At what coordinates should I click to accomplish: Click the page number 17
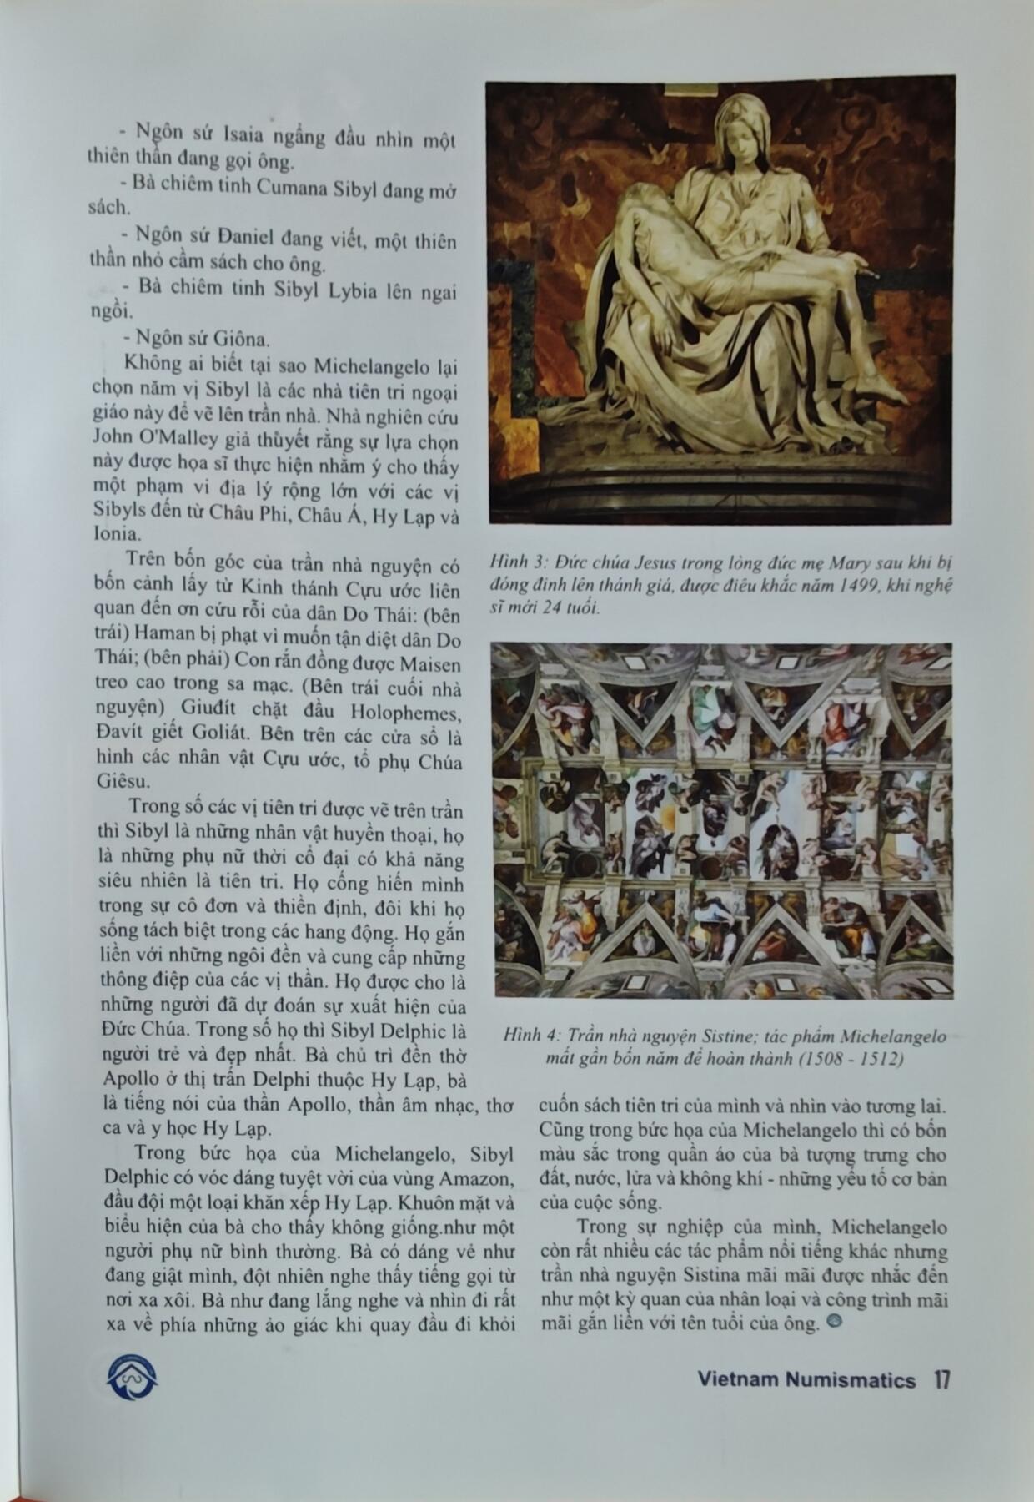[941, 1379]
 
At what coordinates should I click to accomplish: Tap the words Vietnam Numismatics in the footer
[806, 1380]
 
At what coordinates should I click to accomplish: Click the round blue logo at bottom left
[132, 1379]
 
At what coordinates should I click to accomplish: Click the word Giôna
[239, 340]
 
